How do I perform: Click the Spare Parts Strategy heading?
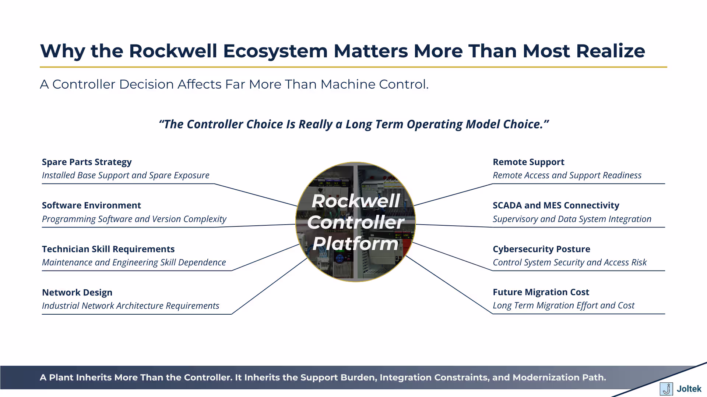87,162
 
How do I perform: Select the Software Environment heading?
91,205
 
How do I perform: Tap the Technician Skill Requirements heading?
108,249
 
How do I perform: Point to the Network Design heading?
77,293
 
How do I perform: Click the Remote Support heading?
528,162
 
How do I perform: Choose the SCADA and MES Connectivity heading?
556,205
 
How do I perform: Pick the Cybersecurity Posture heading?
541,249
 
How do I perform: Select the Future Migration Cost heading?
541,292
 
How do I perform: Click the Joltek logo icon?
666,389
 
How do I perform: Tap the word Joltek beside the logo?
689,389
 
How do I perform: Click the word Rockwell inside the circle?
355,201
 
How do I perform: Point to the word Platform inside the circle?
355,243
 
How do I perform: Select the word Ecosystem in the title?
275,51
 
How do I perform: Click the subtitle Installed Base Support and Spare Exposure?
126,175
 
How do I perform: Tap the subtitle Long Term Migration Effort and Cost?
563,305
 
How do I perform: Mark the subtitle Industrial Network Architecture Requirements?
130,306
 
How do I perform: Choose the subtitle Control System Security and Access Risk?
569,262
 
